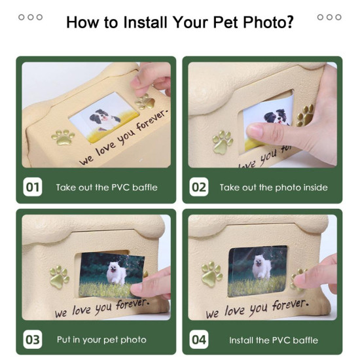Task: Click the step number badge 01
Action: [33, 187]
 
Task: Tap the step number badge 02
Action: [198, 187]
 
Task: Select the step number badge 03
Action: [33, 340]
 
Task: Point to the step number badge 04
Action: [198, 340]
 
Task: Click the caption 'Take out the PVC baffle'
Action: [107, 188]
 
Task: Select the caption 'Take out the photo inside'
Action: [274, 188]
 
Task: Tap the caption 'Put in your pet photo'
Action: [101, 340]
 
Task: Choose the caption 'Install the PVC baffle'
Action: [273, 340]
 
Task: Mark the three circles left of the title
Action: [30, 17]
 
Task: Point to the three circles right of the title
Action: [329, 17]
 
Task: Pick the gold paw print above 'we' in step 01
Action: [63, 137]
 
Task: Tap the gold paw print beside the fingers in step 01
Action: [145, 102]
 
